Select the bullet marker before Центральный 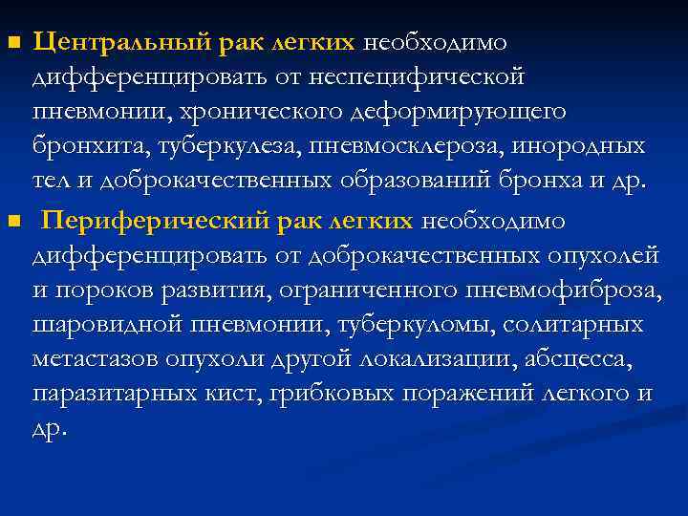(12, 43)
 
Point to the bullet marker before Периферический (12, 223)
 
